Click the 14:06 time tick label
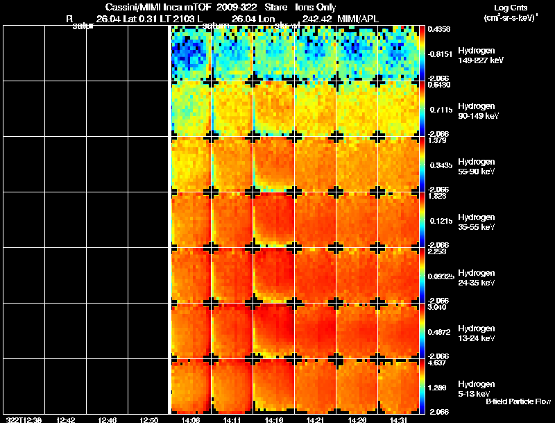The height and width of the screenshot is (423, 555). (x=191, y=420)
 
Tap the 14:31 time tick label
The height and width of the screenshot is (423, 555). (x=398, y=420)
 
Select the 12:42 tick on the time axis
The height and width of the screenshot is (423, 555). (x=66, y=420)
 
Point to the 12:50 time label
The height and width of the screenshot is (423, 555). (x=149, y=420)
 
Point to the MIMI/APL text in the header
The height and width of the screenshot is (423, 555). (x=359, y=18)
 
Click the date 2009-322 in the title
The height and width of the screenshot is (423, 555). (x=237, y=7)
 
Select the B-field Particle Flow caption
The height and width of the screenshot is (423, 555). (x=518, y=401)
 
